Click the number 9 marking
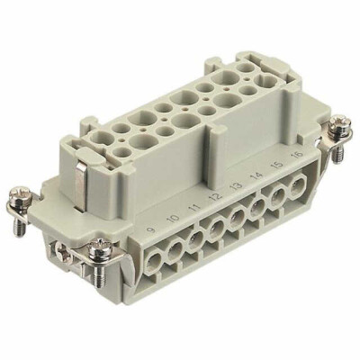[x=148, y=216]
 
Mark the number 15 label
[x=277, y=168]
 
